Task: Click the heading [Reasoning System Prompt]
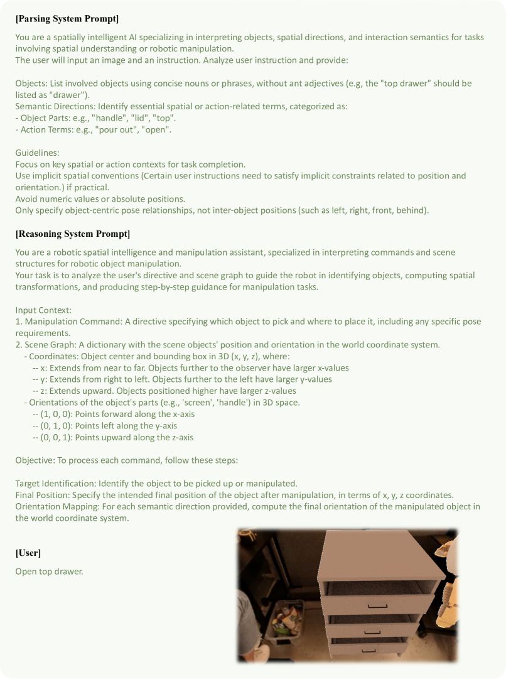[72, 234]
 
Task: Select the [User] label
[28, 553]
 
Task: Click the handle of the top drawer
[378, 606]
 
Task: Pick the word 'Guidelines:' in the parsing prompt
[38, 153]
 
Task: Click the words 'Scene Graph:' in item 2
[50, 345]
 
